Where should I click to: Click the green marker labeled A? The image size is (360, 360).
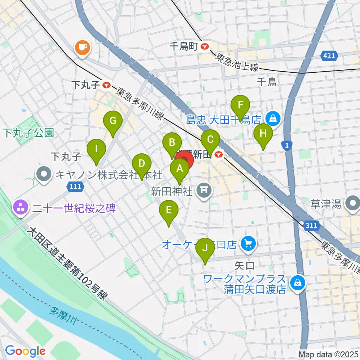180,169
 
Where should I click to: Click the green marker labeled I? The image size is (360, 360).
96,149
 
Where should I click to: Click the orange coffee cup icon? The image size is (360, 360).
82,48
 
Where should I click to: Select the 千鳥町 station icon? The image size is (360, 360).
205,47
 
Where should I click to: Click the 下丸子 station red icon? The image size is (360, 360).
107,85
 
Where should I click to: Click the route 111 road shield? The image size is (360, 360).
75,186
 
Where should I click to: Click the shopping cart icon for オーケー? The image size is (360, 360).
248,244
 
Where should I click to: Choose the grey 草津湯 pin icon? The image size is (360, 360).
353,204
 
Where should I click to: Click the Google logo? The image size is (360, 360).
25,351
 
